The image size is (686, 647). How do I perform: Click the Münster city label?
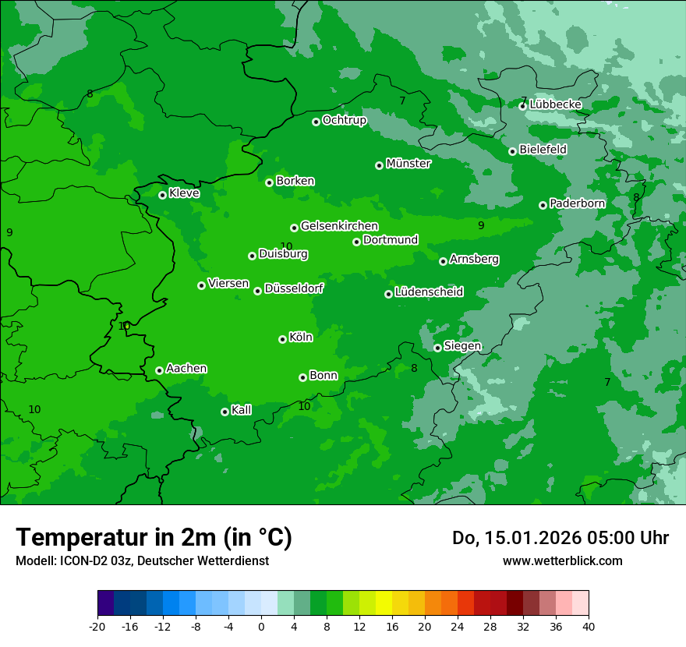click(x=408, y=164)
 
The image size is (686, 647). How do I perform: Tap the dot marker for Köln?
click(x=282, y=339)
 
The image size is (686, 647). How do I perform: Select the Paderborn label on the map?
click(x=577, y=203)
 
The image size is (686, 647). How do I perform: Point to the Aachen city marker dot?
click(x=159, y=370)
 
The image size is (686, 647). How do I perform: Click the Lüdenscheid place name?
click(x=429, y=292)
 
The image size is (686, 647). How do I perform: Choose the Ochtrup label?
click(x=344, y=120)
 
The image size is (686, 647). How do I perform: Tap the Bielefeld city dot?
click(x=512, y=151)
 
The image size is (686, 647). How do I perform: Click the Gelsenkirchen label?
click(x=339, y=226)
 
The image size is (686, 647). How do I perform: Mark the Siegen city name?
click(x=462, y=346)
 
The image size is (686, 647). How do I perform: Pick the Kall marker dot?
click(x=225, y=412)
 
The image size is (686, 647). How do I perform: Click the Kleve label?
click(x=184, y=193)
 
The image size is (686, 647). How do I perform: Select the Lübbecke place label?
click(x=555, y=104)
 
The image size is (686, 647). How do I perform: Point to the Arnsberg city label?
click(x=474, y=260)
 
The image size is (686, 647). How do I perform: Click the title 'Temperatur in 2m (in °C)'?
click(x=154, y=537)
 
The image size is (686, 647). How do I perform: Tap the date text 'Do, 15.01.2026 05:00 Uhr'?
click(x=560, y=538)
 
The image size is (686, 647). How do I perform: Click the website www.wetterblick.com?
click(x=562, y=560)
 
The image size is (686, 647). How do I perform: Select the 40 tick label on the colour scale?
click(x=589, y=626)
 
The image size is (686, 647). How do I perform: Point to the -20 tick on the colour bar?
click(x=97, y=626)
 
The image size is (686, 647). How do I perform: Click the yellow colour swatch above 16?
click(x=384, y=603)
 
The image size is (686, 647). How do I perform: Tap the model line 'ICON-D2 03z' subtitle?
click(x=142, y=560)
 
